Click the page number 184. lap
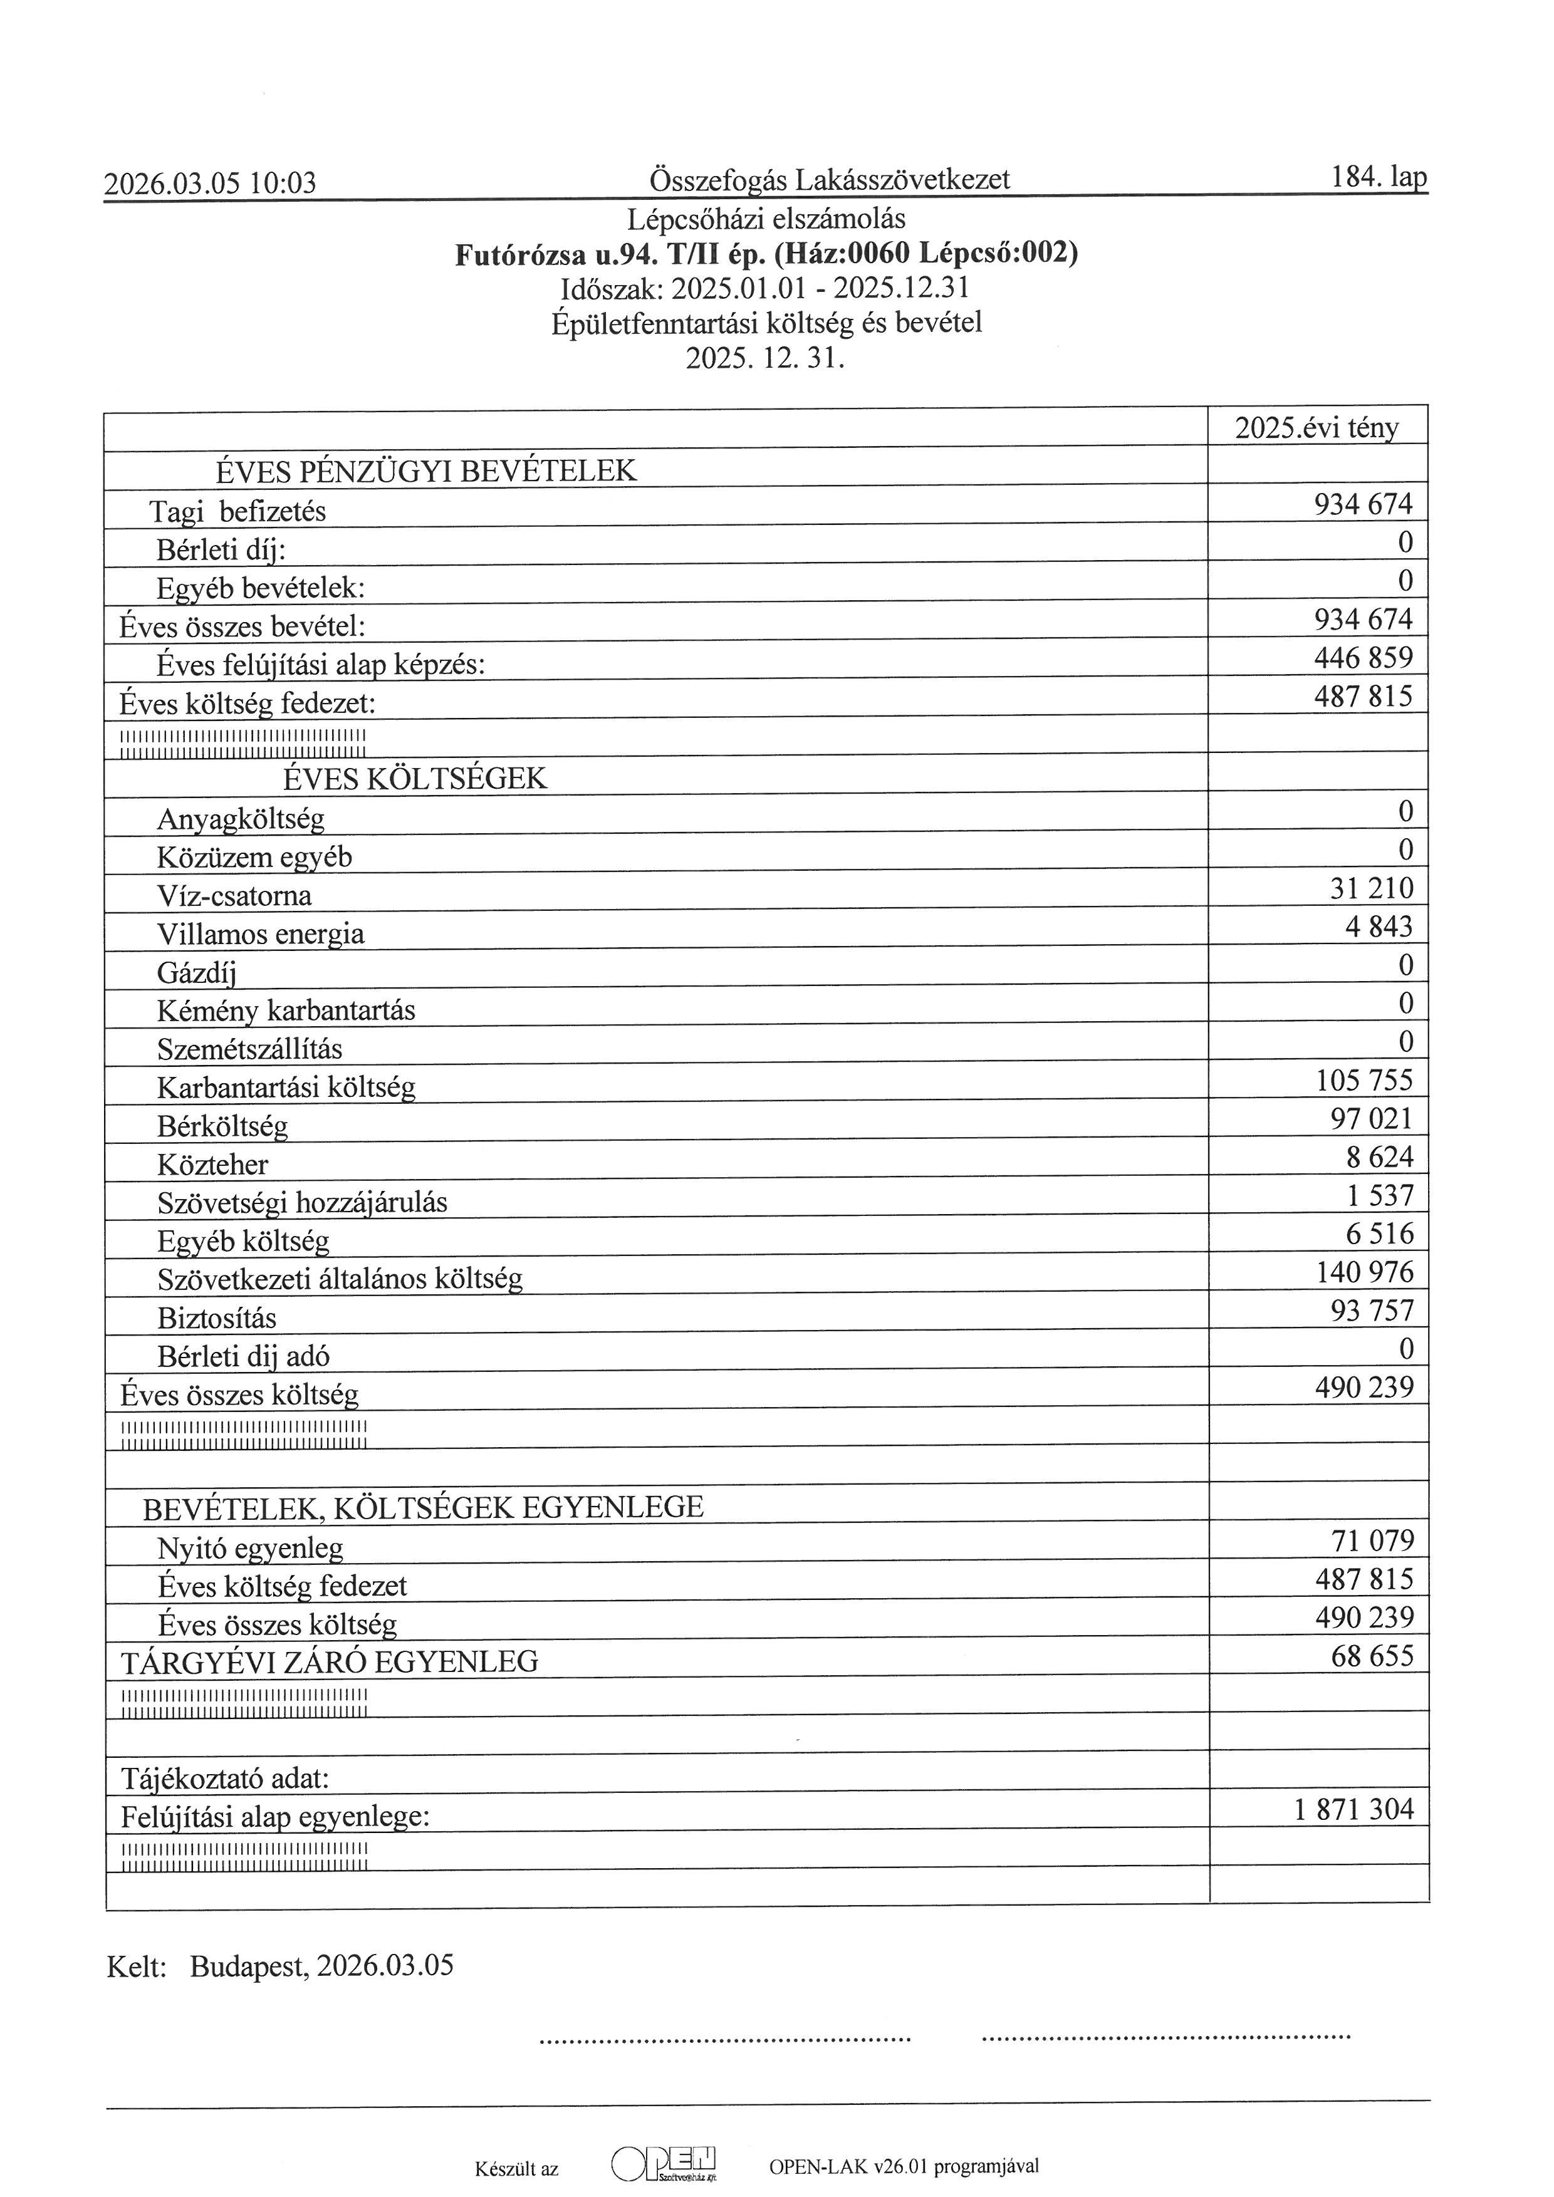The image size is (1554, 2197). pos(1378,177)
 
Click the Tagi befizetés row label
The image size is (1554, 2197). pos(237,512)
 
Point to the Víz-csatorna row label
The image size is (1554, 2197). pos(234,896)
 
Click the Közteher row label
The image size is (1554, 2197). pos(212,1165)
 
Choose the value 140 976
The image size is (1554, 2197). pos(1365,1272)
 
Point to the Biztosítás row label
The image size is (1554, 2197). pos(217,1319)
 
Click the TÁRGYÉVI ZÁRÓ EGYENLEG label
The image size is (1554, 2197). pos(330,1662)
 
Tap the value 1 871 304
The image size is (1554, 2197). pos(1353,1809)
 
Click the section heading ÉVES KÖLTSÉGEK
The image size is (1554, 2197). pos(415,779)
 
